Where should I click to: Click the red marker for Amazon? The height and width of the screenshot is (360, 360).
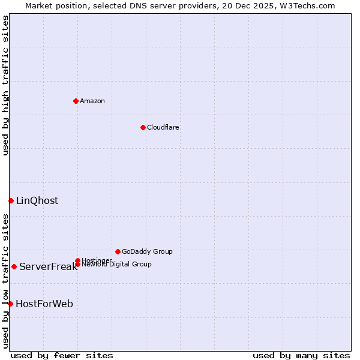click(76, 101)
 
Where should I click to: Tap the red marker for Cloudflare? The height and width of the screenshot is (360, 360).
click(143, 127)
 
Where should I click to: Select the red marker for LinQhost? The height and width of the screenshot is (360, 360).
click(11, 200)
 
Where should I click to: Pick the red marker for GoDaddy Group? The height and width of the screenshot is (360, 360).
click(118, 251)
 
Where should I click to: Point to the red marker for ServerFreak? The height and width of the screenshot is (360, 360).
click(14, 266)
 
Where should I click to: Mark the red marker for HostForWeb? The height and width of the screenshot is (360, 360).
click(10, 304)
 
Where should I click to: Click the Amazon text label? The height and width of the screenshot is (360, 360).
click(92, 101)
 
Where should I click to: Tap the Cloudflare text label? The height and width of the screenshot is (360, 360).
click(163, 127)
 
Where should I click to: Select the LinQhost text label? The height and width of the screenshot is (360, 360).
click(37, 201)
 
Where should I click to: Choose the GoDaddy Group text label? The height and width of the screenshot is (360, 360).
click(147, 251)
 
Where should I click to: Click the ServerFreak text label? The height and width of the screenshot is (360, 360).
click(48, 267)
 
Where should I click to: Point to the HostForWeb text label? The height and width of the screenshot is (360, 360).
click(44, 304)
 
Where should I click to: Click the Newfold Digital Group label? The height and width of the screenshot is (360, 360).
click(116, 264)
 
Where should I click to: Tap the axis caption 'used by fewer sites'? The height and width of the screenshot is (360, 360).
click(62, 355)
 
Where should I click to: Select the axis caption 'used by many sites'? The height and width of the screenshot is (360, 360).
click(301, 355)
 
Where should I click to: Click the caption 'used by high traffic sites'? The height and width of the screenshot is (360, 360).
click(6, 85)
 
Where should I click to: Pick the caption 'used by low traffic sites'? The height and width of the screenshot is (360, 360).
click(6, 281)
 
